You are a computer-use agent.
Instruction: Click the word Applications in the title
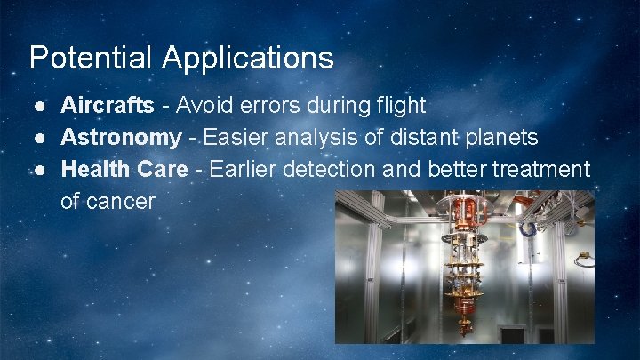click(x=248, y=58)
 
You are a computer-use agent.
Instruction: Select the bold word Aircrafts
click(x=107, y=106)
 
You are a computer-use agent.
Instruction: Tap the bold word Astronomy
click(x=121, y=138)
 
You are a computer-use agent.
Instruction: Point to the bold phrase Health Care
click(x=124, y=169)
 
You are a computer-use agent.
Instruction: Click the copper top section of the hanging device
click(x=461, y=213)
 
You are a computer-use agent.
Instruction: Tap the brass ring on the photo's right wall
click(x=584, y=260)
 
